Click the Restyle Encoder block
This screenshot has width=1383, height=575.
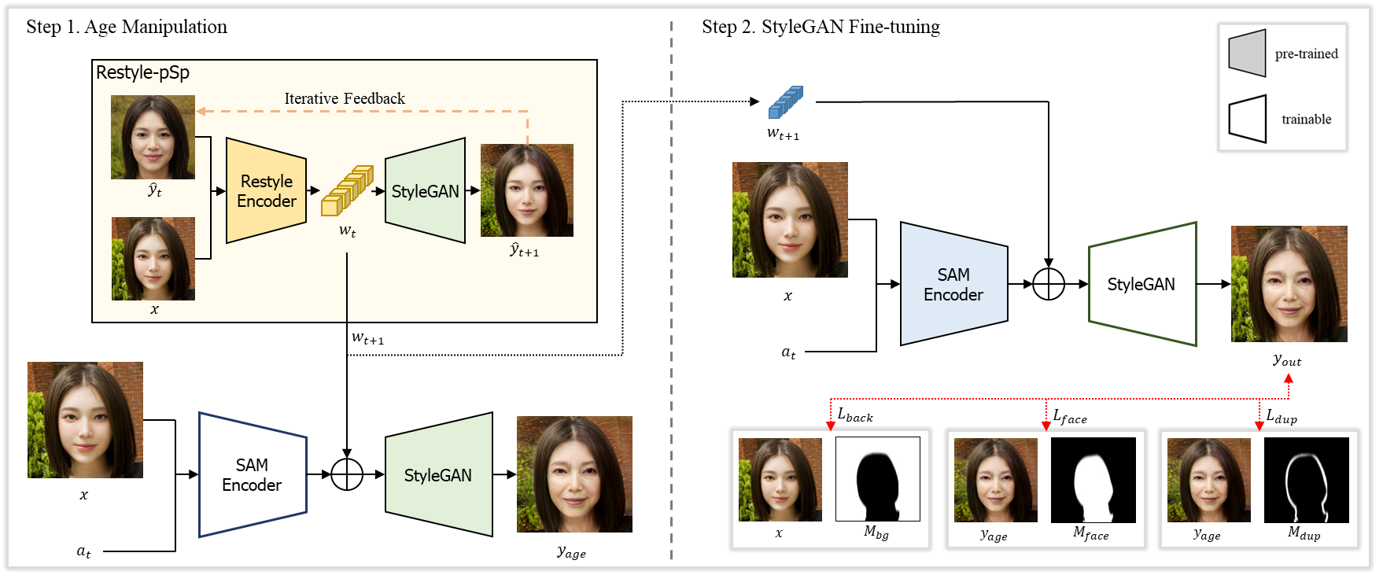(x=266, y=191)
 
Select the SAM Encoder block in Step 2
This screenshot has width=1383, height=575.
(x=953, y=285)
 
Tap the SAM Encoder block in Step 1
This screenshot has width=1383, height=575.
(x=252, y=475)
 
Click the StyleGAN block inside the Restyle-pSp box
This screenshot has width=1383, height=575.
(x=425, y=191)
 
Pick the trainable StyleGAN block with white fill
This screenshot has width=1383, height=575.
(x=1141, y=284)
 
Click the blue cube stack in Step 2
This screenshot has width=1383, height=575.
(x=785, y=102)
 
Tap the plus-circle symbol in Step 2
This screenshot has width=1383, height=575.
(x=1048, y=284)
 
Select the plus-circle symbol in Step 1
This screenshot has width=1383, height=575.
(x=347, y=474)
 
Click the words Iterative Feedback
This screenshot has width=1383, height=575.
(x=345, y=98)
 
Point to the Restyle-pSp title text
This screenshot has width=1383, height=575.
(x=142, y=72)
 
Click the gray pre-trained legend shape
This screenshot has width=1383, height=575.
(x=1247, y=53)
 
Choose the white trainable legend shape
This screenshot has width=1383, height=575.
(x=1247, y=119)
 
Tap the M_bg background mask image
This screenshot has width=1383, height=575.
(x=877, y=479)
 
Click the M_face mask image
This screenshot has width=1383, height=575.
(x=1093, y=480)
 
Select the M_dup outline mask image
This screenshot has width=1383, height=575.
(x=1306, y=480)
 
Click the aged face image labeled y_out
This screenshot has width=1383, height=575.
(x=1289, y=284)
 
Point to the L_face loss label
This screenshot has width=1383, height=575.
(x=1070, y=416)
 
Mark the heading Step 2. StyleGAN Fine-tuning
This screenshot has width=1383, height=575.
(x=821, y=27)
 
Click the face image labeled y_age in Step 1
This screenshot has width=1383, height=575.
(x=574, y=474)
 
